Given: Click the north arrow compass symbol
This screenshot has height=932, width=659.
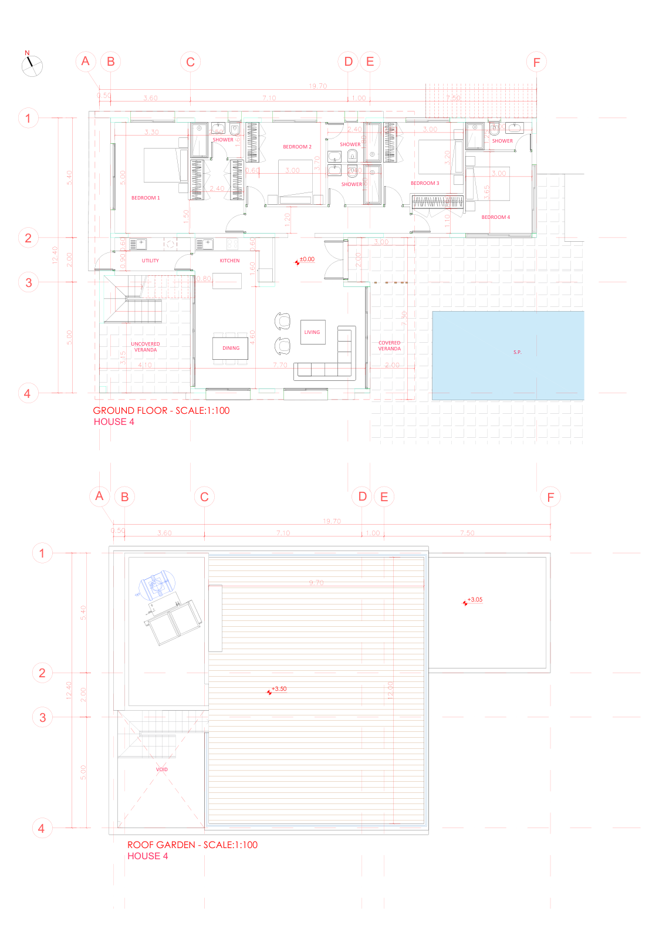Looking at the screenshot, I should coord(32,65).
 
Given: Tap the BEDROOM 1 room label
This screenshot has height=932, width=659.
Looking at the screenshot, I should coord(146,198).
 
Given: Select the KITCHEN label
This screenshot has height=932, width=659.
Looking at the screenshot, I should coord(229,261).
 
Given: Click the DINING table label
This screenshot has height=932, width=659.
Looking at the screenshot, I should coord(231,348).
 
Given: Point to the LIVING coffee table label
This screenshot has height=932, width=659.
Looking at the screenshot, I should coord(312,332).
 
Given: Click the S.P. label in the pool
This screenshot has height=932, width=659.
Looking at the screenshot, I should coord(517,352).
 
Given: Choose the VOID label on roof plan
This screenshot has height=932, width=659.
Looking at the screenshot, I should coord(161,769).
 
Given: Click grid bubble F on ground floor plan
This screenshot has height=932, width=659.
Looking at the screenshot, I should coord(536,62).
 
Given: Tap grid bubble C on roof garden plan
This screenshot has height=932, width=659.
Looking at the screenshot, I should coord(204,497).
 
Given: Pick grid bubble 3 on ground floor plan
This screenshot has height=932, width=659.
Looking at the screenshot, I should coord(28,282).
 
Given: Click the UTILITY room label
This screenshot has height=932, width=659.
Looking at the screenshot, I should coord(150,261).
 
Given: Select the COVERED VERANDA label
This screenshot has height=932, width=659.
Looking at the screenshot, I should coord(389,346).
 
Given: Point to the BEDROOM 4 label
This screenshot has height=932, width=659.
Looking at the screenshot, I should coord(495,217).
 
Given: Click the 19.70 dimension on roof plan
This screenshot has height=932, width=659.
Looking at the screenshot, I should coord(332,521).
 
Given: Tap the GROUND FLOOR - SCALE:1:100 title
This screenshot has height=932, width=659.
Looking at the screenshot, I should coord(161,411).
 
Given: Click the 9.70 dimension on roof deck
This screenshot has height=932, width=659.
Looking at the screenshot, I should coord(316,583).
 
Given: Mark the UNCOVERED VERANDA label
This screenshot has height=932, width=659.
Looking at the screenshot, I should coord(145,347).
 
